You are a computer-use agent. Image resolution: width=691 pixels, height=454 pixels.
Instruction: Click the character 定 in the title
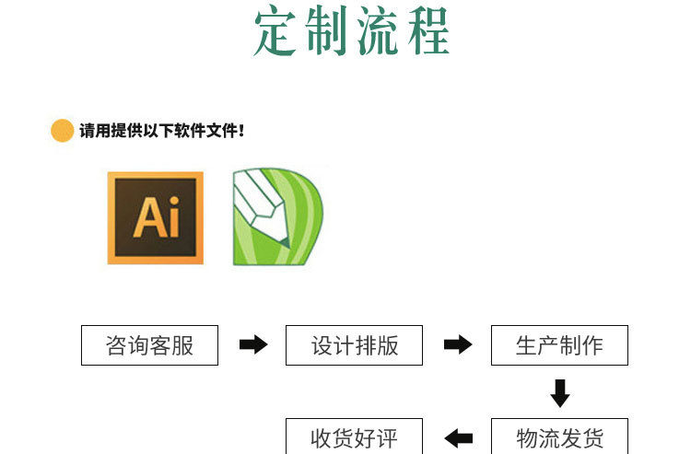coord(279,32)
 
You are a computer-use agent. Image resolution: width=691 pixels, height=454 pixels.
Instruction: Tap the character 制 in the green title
coord(329,32)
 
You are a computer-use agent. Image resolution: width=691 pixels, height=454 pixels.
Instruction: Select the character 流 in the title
coord(379,32)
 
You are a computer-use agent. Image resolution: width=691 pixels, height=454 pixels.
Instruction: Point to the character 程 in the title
coord(427,32)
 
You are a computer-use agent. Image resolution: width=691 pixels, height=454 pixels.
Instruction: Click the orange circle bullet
coord(62,131)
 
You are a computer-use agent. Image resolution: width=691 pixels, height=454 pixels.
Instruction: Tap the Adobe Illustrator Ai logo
coord(155,217)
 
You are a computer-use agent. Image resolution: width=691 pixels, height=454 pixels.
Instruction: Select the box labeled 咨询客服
coord(150,345)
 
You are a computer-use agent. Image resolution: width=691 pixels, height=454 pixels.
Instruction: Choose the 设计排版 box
coord(354,345)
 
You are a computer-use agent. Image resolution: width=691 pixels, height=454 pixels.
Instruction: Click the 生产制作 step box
coord(559,345)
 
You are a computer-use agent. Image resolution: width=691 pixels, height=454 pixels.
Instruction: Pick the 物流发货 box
coord(559,437)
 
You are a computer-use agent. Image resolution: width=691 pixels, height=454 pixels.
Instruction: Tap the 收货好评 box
coord(354,437)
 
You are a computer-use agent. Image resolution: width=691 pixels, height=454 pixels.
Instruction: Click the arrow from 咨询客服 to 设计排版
coord(253,345)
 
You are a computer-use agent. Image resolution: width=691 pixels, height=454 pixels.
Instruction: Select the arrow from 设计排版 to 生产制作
coord(458,345)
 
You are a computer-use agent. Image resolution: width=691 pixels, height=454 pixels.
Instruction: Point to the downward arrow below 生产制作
coord(560,393)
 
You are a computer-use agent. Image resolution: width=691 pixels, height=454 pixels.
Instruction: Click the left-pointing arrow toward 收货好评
coord(458,437)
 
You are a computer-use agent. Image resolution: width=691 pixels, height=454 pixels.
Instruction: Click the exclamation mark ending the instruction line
coord(241,131)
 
